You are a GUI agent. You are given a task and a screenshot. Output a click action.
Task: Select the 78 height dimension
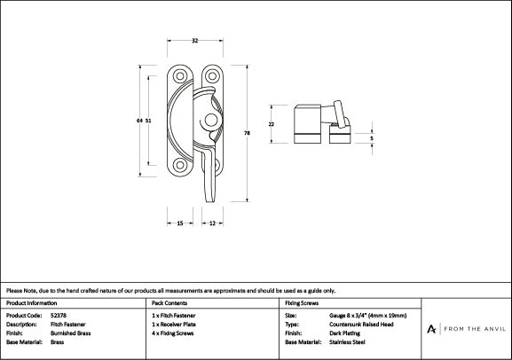247,132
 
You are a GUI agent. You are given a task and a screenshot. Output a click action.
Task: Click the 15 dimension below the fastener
179,224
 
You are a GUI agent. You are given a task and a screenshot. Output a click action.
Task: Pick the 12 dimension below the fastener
213,224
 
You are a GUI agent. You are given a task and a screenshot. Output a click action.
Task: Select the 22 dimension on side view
272,124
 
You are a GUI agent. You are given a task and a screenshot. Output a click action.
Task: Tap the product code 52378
59,315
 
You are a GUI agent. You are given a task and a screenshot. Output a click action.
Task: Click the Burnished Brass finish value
71,333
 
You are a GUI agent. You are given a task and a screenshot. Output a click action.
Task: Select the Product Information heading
32,302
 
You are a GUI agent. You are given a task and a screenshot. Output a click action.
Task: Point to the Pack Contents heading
170,302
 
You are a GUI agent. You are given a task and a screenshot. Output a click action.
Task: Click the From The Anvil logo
466,328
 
